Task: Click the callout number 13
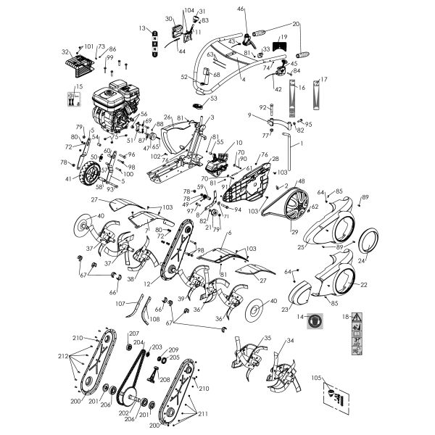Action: click(x=143, y=28)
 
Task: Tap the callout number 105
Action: click(x=317, y=378)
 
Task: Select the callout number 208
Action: click(x=166, y=379)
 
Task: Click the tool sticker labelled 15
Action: click(x=75, y=95)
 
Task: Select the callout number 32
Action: click(x=65, y=52)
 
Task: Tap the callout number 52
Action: click(x=185, y=77)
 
